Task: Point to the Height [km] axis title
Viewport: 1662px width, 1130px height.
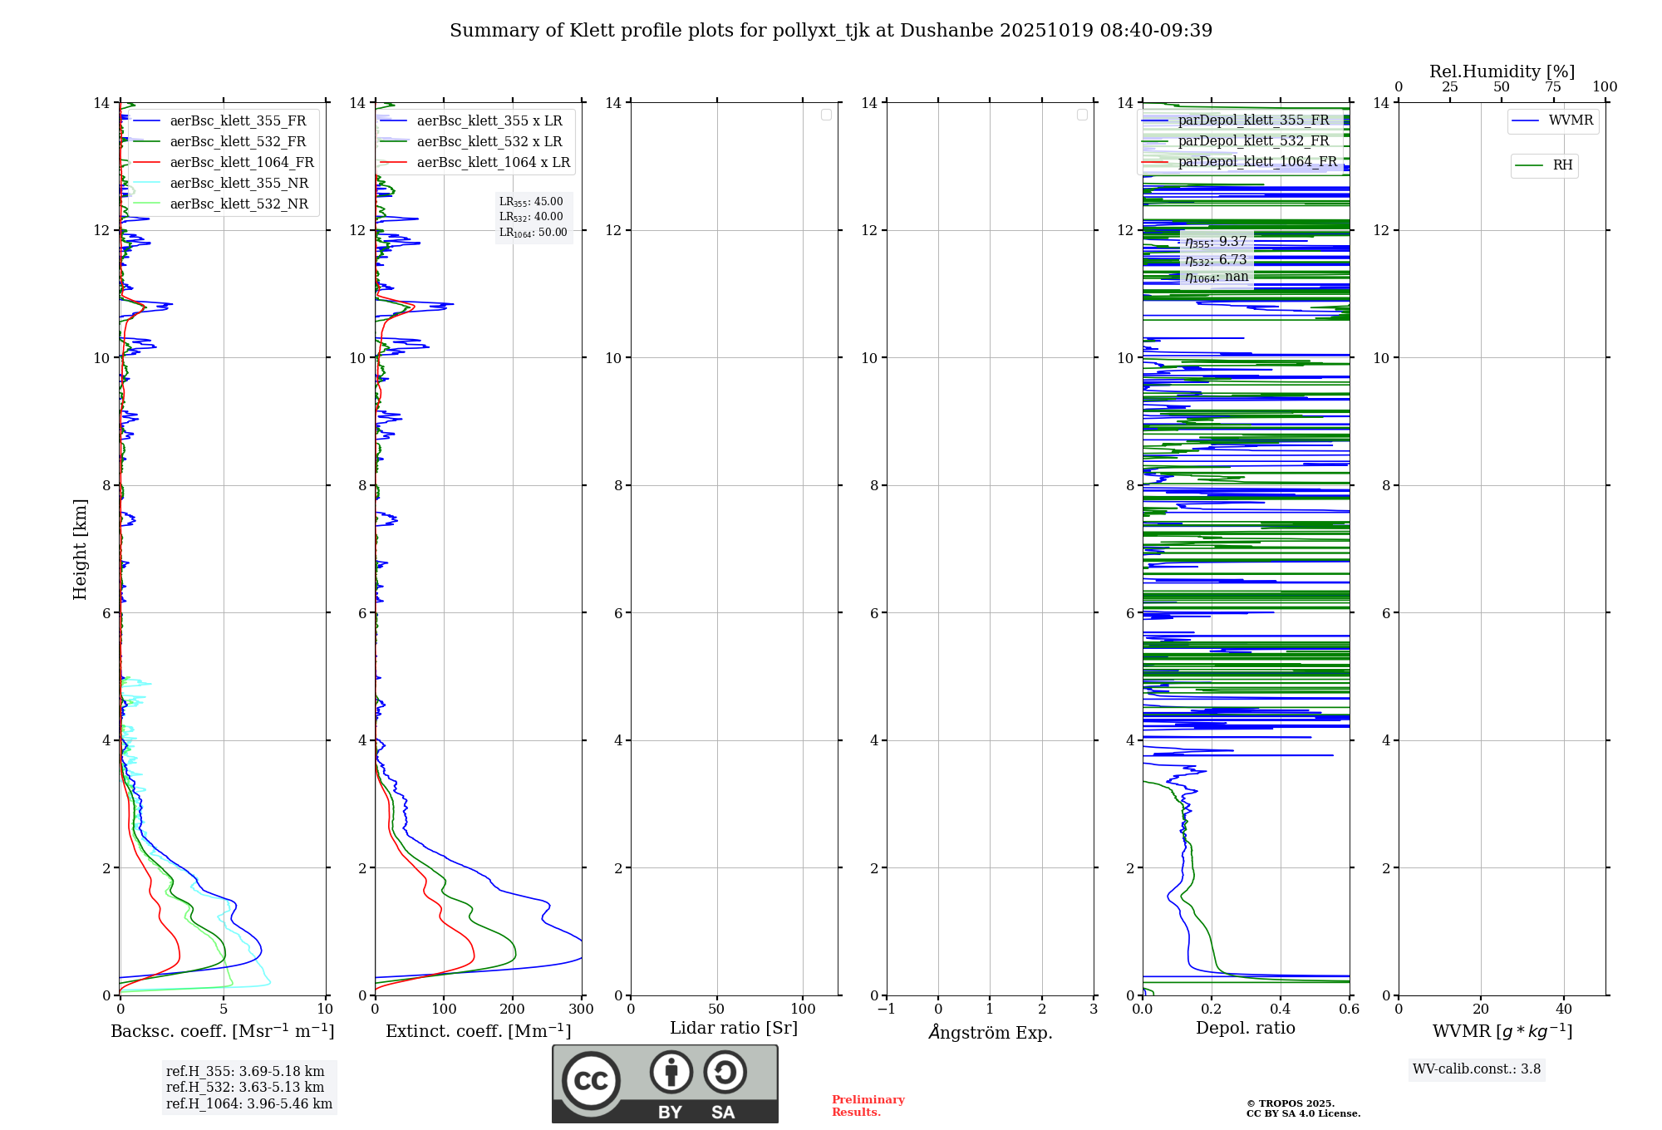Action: click(80, 549)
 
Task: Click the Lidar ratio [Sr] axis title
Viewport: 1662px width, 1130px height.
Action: click(734, 1029)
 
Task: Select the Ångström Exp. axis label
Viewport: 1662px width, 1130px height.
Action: click(991, 1033)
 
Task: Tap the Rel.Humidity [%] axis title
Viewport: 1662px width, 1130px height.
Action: click(1502, 71)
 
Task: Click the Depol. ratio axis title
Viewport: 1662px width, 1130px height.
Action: click(1245, 1029)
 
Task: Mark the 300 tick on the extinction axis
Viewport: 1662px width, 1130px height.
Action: click(581, 1010)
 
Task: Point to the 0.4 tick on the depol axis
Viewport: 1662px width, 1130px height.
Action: click(1281, 1010)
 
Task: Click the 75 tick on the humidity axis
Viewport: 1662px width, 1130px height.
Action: click(1552, 87)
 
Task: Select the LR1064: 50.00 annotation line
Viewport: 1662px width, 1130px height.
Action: click(534, 233)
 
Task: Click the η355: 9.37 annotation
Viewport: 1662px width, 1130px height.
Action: click(1216, 242)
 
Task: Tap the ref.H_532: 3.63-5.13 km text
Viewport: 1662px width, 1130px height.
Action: click(245, 1088)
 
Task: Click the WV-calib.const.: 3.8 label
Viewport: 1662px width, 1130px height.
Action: click(1477, 1069)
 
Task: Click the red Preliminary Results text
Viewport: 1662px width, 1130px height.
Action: click(868, 1106)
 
